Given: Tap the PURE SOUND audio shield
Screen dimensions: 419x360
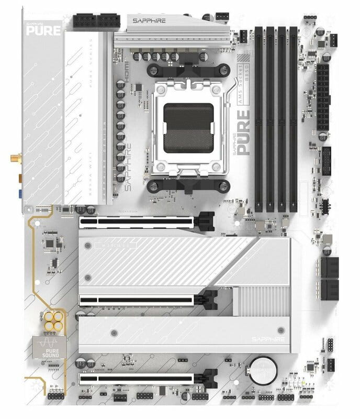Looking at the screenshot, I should click(47, 347).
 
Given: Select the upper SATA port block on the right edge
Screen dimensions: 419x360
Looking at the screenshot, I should click(330, 267).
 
